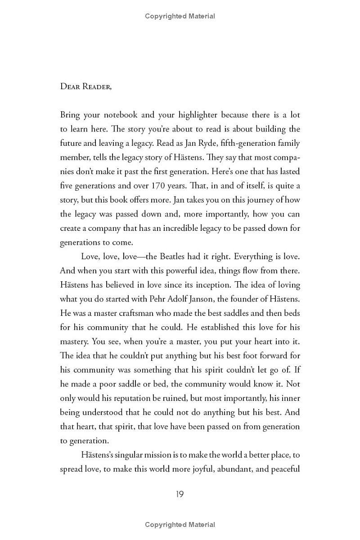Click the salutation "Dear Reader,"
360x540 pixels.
[85, 86]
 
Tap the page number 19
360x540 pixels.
[180, 494]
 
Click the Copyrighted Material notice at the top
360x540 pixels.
[180, 16]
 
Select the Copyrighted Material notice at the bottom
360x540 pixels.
[180, 525]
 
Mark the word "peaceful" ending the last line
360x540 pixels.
[284, 469]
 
